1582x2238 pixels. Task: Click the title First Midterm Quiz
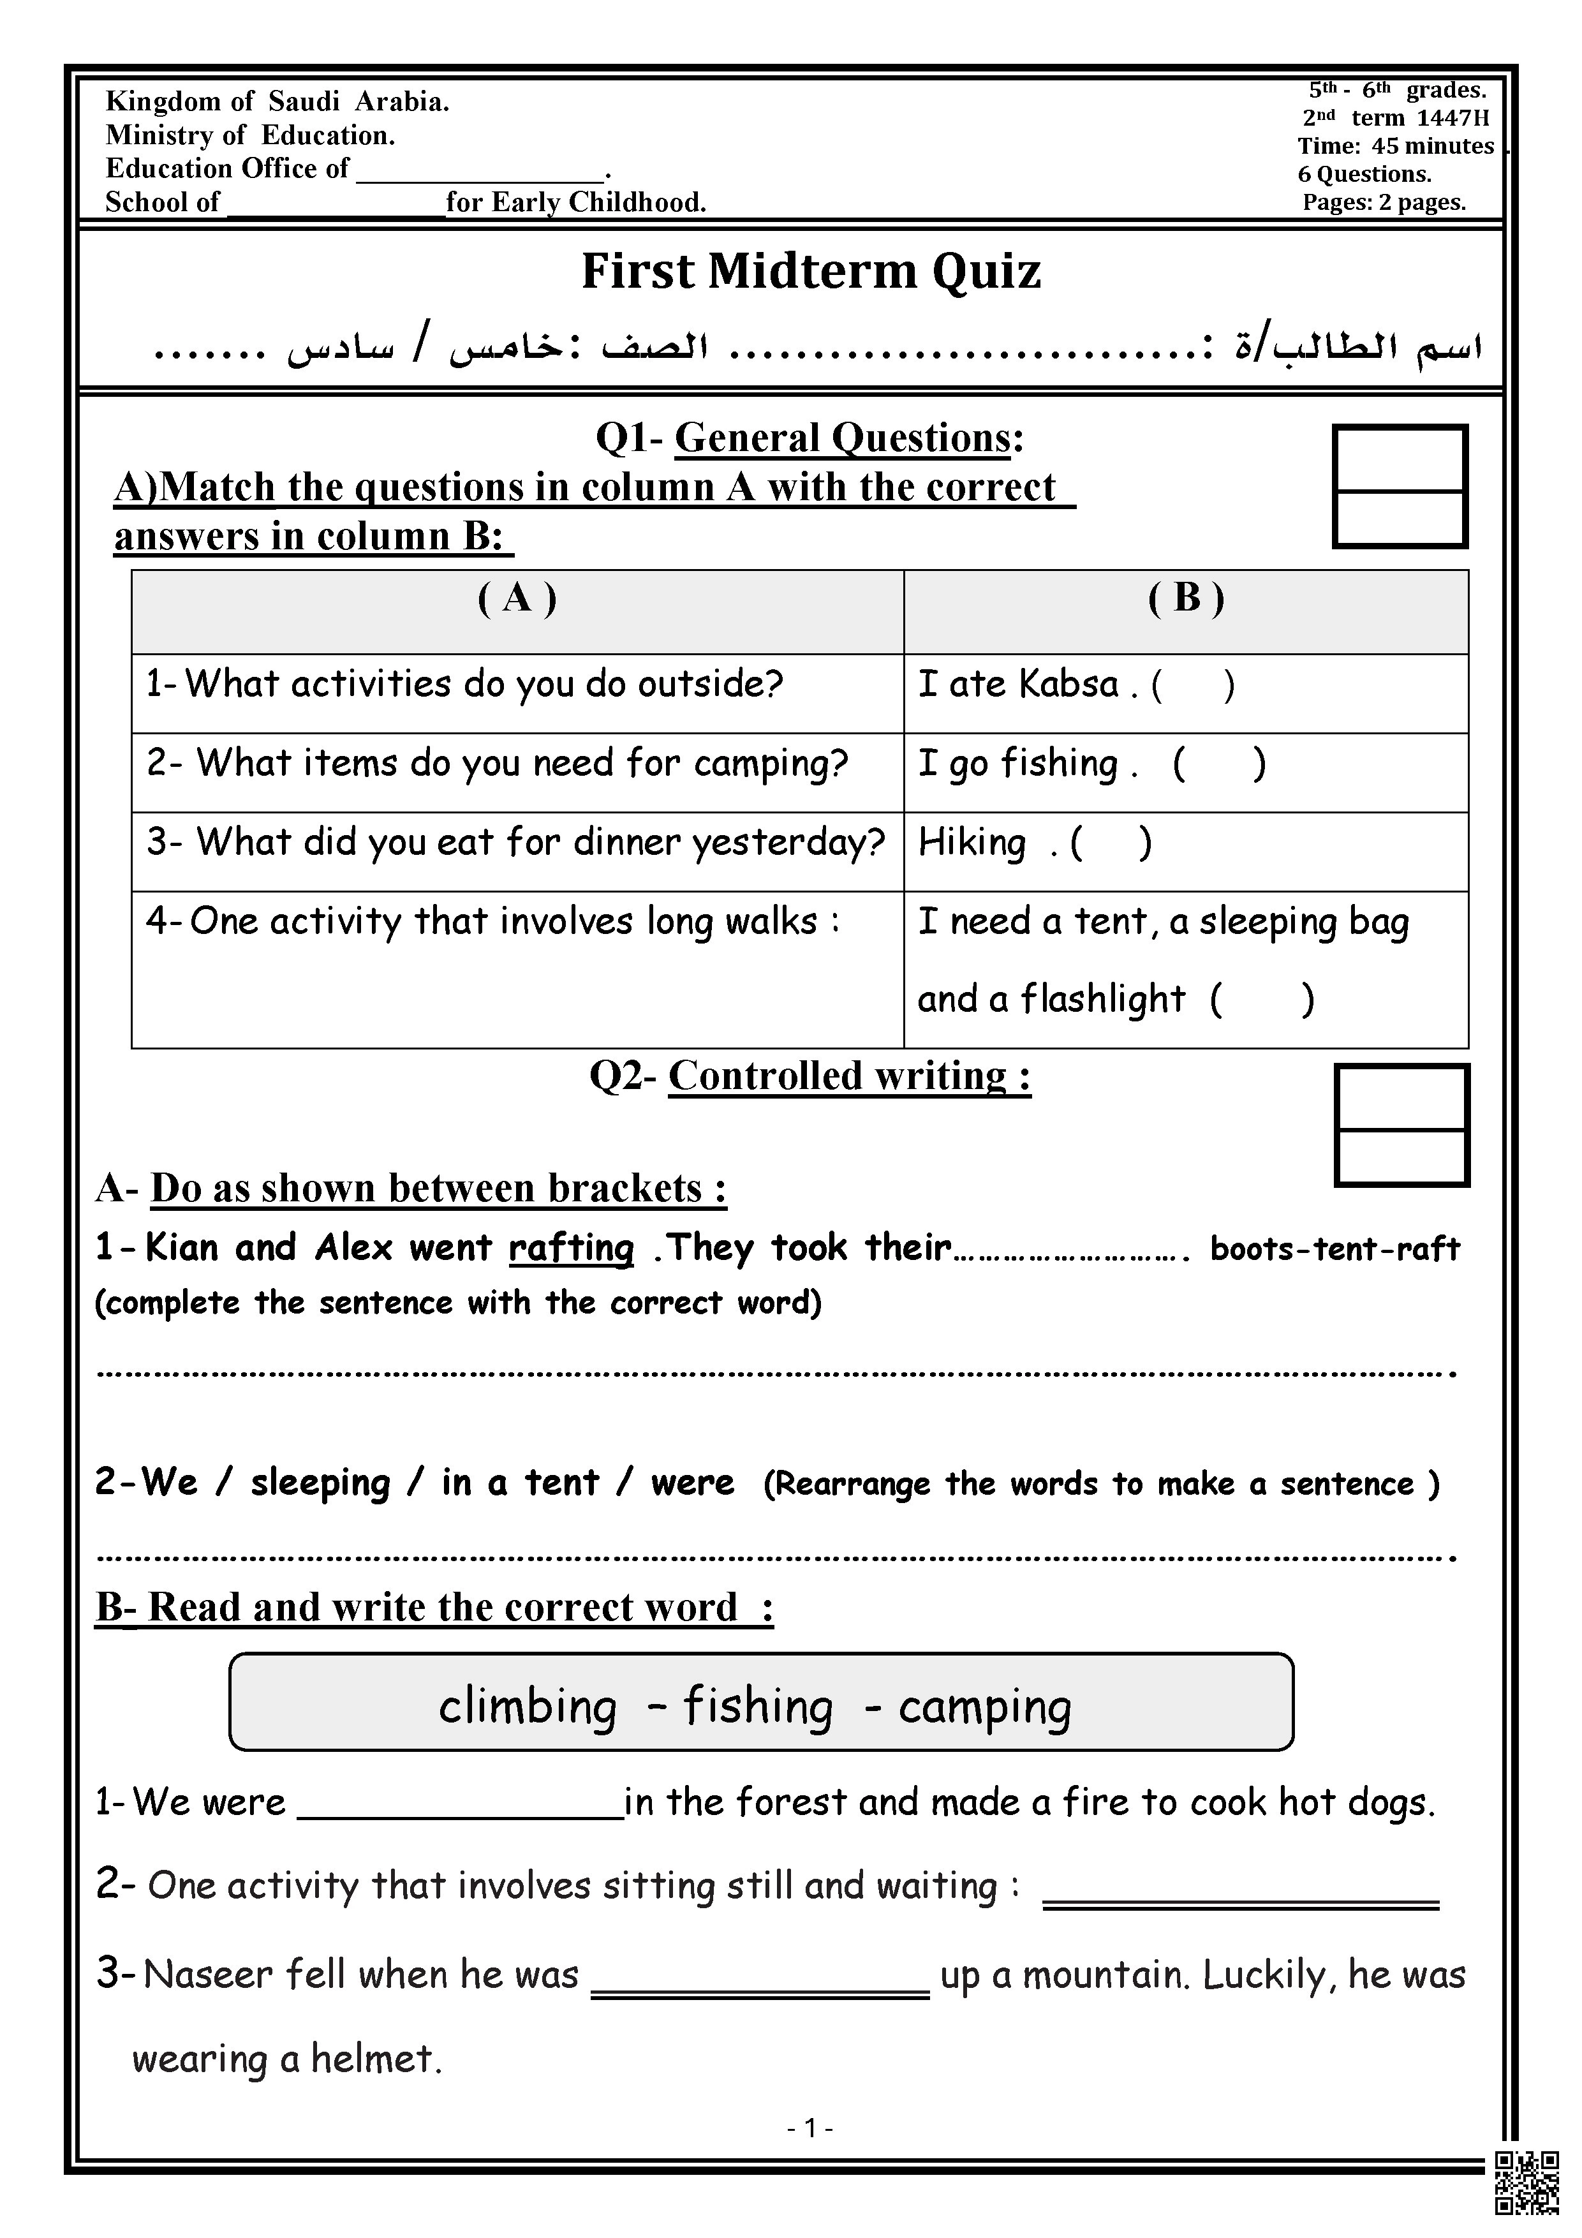click(811, 271)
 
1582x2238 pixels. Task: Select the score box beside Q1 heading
click(1400, 486)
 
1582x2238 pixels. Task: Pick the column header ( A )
click(517, 598)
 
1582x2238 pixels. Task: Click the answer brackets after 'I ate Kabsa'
click(1193, 685)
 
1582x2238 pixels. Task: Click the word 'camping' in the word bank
click(984, 1707)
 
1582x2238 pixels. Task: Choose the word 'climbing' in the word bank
click(528, 1707)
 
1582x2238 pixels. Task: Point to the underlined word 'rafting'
click(571, 1249)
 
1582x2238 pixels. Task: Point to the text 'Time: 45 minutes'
click(1396, 146)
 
